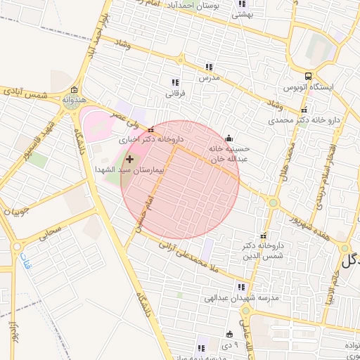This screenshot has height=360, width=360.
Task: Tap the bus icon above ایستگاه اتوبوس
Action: pos(308,77)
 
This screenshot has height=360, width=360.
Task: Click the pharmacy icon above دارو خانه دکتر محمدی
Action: pos(304,110)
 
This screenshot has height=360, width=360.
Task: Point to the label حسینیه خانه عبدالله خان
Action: pos(229,154)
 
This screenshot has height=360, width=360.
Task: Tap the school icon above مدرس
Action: pos(209,67)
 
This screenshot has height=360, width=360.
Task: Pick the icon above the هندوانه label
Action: pos(75,90)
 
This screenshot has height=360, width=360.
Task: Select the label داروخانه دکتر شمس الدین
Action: pos(262,252)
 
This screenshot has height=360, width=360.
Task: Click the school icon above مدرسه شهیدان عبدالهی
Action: pos(241,287)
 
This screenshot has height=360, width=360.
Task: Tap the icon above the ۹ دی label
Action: pos(229,334)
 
